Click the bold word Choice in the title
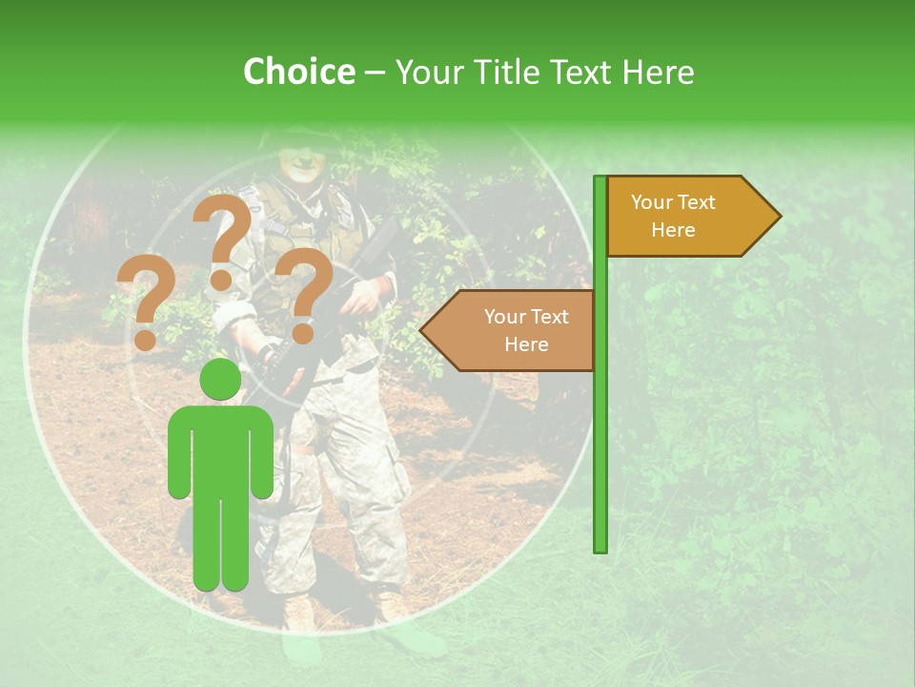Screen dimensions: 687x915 (298, 73)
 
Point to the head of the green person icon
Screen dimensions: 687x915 (220, 380)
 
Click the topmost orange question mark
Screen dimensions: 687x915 (223, 236)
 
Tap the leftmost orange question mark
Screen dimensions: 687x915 (146, 303)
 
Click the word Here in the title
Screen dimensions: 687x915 (659, 73)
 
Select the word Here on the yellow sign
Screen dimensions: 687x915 (673, 230)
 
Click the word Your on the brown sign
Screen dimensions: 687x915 (505, 317)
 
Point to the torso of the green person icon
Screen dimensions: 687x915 (220, 448)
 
